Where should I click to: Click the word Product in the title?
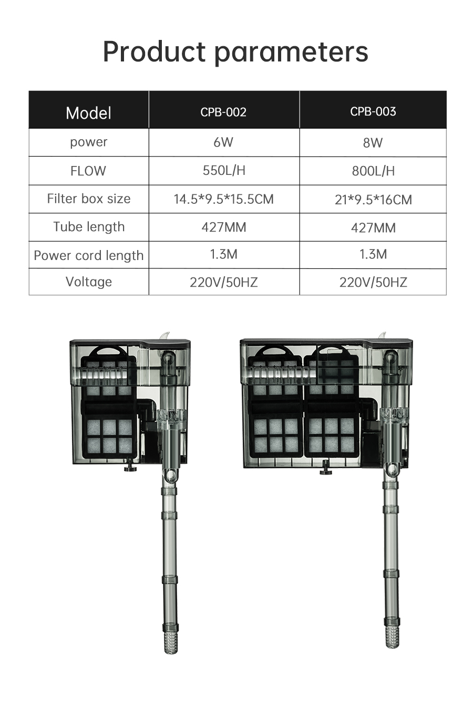tap(155, 51)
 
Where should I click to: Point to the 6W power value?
tap(223, 142)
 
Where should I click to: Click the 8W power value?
tap(373, 143)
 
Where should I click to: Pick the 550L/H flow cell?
tap(224, 170)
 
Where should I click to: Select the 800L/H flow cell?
tap(373, 171)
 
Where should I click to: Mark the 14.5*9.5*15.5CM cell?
tap(224, 199)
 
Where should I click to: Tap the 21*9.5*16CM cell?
tap(373, 200)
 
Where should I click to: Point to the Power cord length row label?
tap(89, 256)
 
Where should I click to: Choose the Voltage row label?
tap(89, 282)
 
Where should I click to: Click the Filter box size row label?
tap(89, 199)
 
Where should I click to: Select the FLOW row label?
tap(88, 171)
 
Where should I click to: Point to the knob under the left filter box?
tap(130, 469)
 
